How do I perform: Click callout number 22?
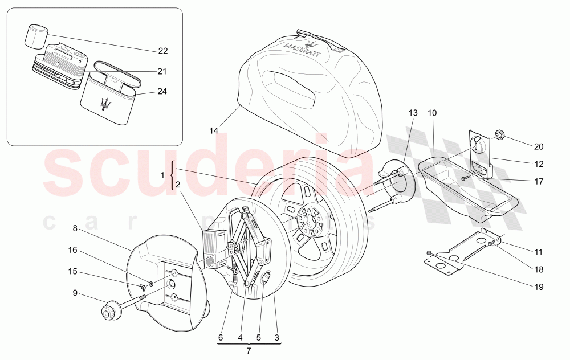point(163,51)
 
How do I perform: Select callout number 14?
point(213,131)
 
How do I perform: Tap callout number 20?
point(539,146)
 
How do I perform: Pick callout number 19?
point(539,287)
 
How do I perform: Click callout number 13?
point(413,113)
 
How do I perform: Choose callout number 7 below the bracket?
point(248,351)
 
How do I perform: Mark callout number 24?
point(162,91)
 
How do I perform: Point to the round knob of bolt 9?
point(108,312)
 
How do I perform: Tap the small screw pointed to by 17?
point(465,178)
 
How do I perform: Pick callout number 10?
point(432,113)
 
